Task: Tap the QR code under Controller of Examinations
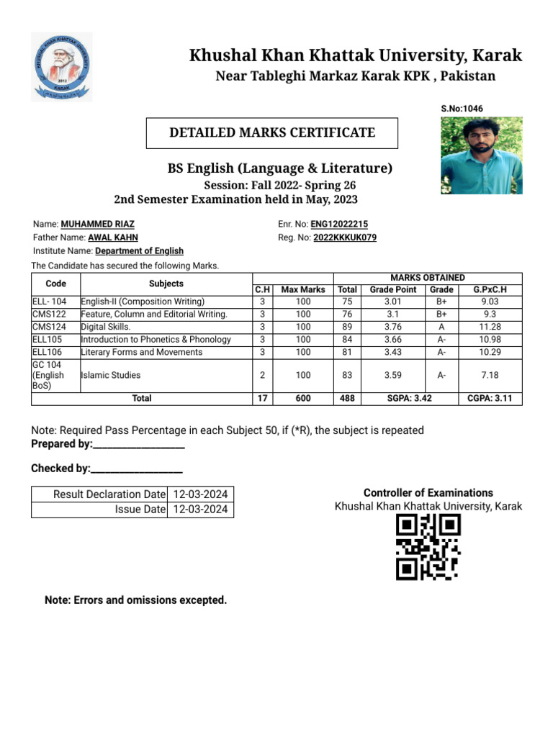coord(428,548)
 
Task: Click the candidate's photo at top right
coord(481,155)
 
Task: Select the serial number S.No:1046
coord(462,109)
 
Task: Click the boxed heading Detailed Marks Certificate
coord(271,132)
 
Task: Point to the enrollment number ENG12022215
coord(339,225)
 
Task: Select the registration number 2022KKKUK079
coord(345,238)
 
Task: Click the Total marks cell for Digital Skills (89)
coord(347,327)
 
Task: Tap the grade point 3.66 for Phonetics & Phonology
coord(393,340)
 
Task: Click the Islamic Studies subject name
coord(111,375)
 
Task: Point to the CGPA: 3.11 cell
coord(490,398)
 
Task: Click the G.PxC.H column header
coord(490,289)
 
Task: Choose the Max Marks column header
coord(302,289)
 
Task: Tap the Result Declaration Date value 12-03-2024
coord(201,494)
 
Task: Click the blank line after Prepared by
coord(139,444)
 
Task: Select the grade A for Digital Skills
coord(441,327)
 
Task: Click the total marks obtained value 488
coord(347,398)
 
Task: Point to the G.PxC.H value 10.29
coord(490,353)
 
